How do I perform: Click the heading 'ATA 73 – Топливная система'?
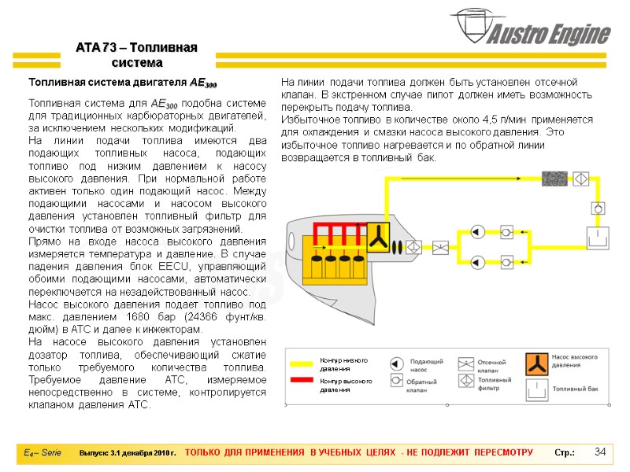(x=136, y=54)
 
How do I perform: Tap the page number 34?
(x=600, y=452)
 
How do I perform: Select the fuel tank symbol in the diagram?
(x=597, y=235)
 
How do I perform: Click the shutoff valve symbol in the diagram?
(x=441, y=246)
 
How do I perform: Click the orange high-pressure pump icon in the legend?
(x=535, y=363)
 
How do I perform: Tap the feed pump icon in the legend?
(x=398, y=363)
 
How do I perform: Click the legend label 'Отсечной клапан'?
(x=494, y=366)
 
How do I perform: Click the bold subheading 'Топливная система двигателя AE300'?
(x=123, y=83)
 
